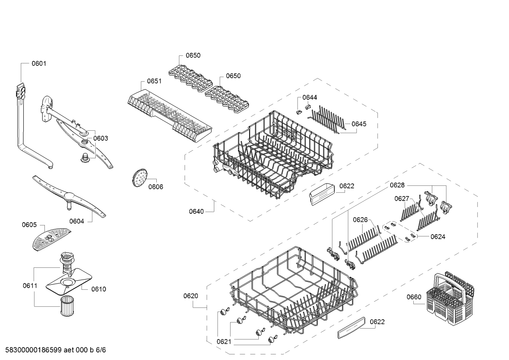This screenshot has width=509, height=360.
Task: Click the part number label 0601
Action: (x=39, y=64)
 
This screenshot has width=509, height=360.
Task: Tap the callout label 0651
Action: (x=154, y=81)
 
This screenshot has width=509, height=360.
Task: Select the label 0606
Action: (x=156, y=187)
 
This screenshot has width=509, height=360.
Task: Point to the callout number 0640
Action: (x=196, y=212)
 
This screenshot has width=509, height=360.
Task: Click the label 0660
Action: (x=414, y=297)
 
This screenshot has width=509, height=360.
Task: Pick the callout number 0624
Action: (x=438, y=237)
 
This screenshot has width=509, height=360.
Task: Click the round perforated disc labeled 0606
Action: (x=139, y=178)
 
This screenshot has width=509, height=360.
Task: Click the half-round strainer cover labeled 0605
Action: (x=51, y=239)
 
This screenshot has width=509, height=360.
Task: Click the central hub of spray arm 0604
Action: (x=69, y=196)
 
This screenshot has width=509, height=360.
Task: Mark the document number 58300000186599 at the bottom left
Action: (x=34, y=350)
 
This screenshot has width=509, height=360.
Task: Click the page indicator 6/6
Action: (x=101, y=350)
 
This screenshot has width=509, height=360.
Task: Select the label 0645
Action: (x=359, y=124)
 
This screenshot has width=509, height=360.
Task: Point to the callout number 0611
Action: (x=30, y=286)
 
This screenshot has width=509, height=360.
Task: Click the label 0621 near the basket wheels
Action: (x=224, y=342)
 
